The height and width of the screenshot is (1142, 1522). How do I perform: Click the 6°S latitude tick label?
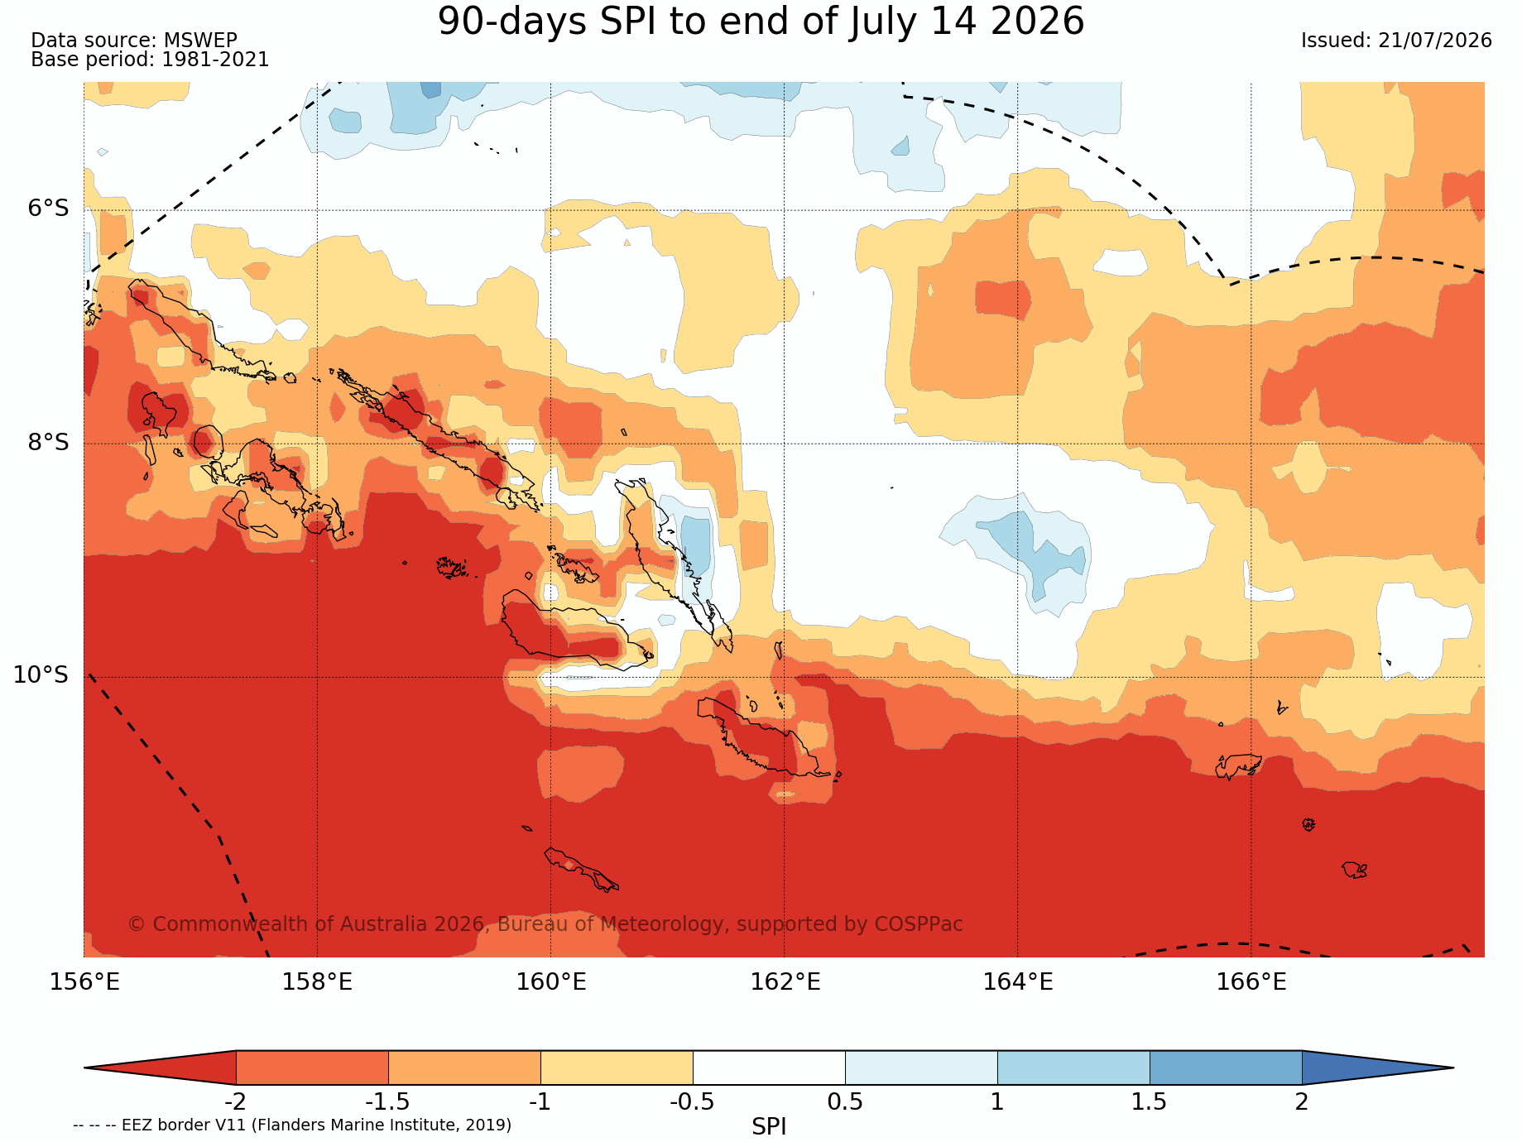[49, 209]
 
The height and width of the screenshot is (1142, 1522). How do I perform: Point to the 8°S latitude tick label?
[49, 443]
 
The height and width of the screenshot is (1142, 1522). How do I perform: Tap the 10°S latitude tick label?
[41, 675]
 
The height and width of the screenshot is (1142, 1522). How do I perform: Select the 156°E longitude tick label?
[84, 982]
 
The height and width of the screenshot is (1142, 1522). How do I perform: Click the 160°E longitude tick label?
[551, 982]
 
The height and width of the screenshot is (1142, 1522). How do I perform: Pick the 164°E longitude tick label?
[1018, 982]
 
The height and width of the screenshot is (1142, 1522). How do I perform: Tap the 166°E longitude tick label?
[1251, 982]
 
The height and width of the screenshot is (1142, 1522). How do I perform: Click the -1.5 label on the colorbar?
[387, 1102]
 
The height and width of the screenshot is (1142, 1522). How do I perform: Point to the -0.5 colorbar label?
[692, 1102]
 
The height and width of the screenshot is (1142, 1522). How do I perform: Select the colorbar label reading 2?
[1302, 1102]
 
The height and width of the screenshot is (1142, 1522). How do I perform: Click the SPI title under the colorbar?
[769, 1126]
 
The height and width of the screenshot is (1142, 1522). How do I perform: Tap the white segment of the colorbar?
[769, 1068]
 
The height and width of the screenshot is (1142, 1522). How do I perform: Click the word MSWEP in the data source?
[200, 41]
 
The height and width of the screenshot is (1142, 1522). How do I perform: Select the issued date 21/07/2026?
[1435, 41]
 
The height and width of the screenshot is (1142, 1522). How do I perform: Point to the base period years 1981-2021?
[215, 60]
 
